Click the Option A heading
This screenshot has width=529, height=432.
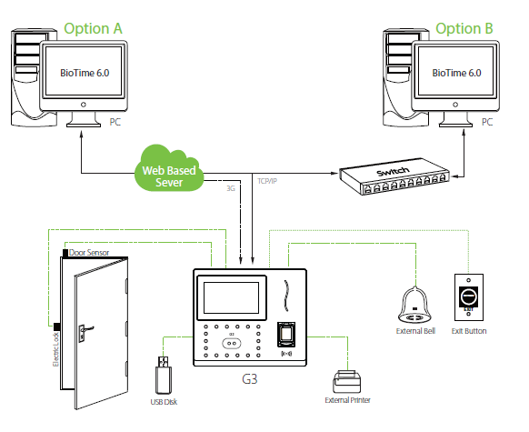tap(93, 28)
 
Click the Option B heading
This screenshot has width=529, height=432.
tap(464, 28)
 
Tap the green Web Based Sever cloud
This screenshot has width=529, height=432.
tap(169, 168)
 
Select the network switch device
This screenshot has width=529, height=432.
tap(394, 176)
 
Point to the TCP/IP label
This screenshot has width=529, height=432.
tap(267, 181)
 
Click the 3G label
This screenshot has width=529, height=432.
tap(231, 188)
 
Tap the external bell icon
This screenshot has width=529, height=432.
tap(415, 305)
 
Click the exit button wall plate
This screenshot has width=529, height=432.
tap(469, 297)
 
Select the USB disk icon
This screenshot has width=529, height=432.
tap(164, 376)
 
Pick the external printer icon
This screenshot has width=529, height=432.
tap(347, 382)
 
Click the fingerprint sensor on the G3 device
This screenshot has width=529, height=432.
tap(286, 334)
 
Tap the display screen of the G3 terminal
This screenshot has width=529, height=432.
tap(232, 298)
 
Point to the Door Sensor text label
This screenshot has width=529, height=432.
tap(89, 253)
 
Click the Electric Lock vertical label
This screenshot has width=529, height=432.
tap(56, 349)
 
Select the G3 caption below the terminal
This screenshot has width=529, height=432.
tap(250, 379)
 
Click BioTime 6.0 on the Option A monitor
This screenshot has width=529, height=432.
tap(85, 73)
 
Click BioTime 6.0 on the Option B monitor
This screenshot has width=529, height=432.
tap(457, 73)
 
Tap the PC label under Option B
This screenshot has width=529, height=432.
tap(487, 122)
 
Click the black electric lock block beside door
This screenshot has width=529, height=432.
tap(57, 327)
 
